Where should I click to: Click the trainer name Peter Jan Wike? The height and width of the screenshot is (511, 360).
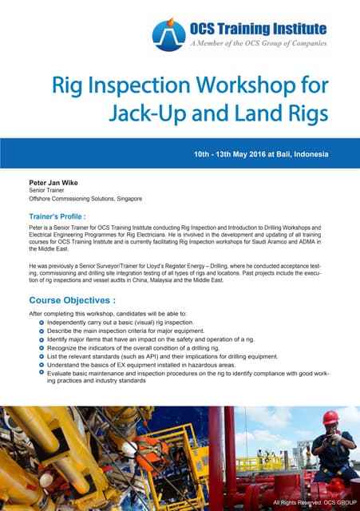(56, 183)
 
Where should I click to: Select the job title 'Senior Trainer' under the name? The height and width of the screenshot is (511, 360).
(47, 191)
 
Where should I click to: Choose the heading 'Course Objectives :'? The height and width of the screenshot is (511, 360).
(72, 301)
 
